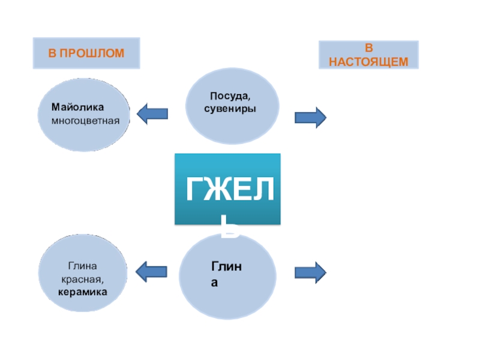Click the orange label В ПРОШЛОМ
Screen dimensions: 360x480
coord(86,53)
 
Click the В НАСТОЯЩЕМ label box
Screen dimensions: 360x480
coord(368,55)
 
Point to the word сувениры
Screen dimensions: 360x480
coord(230,110)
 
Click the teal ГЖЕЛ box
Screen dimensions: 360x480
coord(227,189)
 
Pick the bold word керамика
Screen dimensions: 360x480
coord(83,292)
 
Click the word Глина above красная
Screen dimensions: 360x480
coord(83,266)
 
